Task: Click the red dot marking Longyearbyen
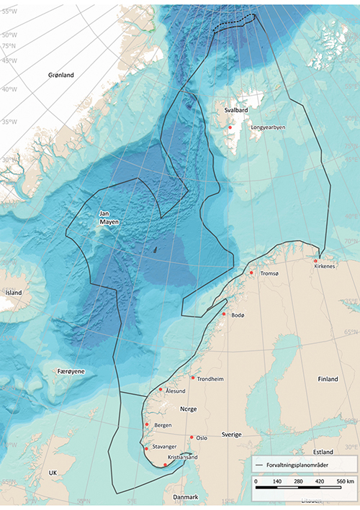(230, 127)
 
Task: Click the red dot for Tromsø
(252, 273)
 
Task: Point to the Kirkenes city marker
(315, 260)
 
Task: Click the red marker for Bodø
(224, 314)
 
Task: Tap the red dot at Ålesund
(161, 390)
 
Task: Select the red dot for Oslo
(192, 437)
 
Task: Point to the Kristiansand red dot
(166, 465)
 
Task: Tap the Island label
(14, 293)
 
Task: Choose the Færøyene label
(72, 370)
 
